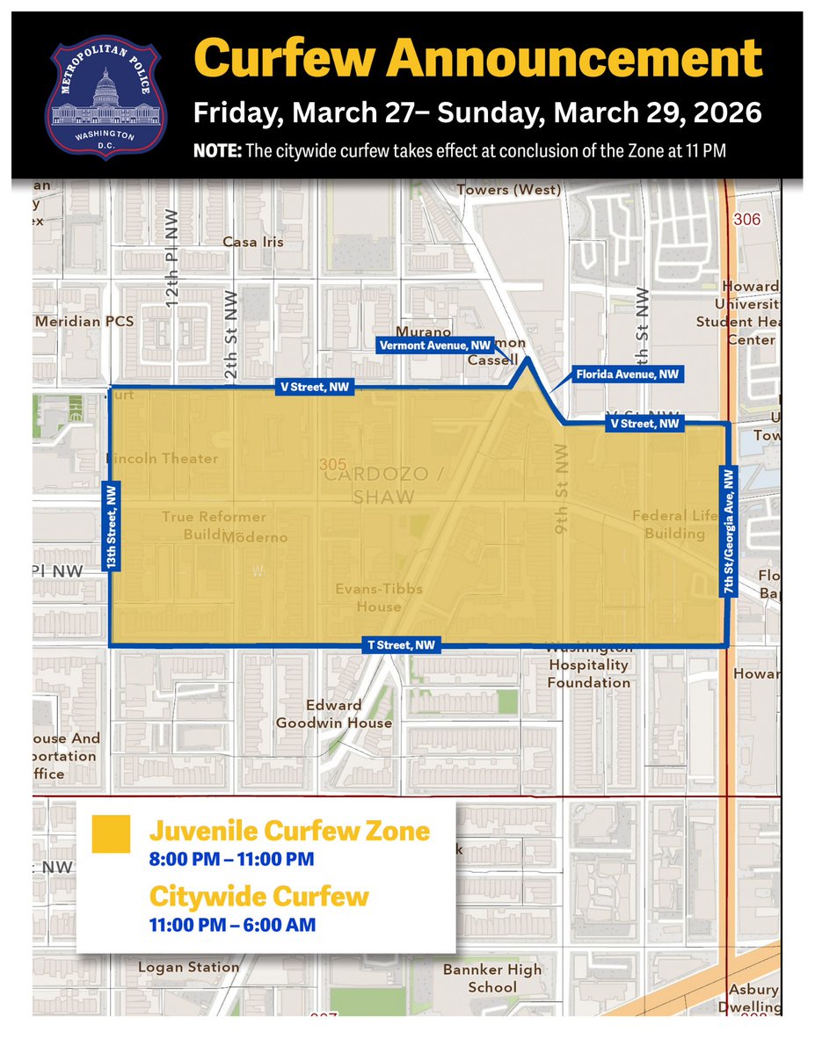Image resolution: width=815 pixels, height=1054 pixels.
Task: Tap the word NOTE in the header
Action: pos(217,151)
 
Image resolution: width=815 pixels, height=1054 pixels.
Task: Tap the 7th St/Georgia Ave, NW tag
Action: pos(728,532)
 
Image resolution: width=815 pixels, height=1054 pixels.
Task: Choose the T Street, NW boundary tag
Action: pos(401,645)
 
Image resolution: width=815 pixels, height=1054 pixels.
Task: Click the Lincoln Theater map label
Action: pos(161,458)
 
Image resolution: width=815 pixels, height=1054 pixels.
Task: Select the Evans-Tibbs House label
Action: pos(379,598)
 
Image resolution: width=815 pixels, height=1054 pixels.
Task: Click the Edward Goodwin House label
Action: pos(334,714)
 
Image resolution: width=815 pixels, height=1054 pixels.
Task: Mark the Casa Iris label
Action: pos(253,242)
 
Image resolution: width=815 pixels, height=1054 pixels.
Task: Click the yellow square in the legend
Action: pos(111,834)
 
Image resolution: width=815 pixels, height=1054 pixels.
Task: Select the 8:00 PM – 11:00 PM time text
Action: pos(231,859)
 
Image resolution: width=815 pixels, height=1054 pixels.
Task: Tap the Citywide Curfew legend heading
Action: pos(258,897)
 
